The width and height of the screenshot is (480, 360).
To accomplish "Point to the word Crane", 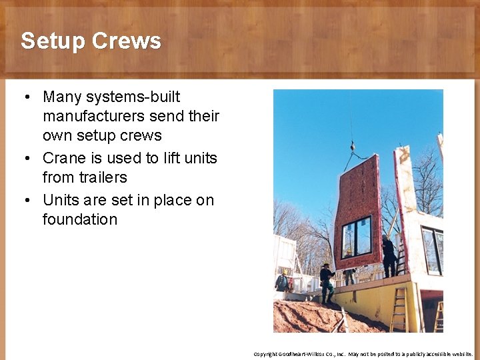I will coord(64,158).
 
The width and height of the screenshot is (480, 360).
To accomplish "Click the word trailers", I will coord(102,177).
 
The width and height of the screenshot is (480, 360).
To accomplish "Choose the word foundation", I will coord(79,219).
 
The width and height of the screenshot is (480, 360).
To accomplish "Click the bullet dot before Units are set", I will coord(25,201).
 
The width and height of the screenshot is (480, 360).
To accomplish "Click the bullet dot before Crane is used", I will coord(25,159).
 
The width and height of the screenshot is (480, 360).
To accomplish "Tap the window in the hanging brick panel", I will coord(357,237).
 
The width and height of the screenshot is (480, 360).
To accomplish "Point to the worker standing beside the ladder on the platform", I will coord(389,255).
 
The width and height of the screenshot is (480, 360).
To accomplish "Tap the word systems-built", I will coord(137,97).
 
